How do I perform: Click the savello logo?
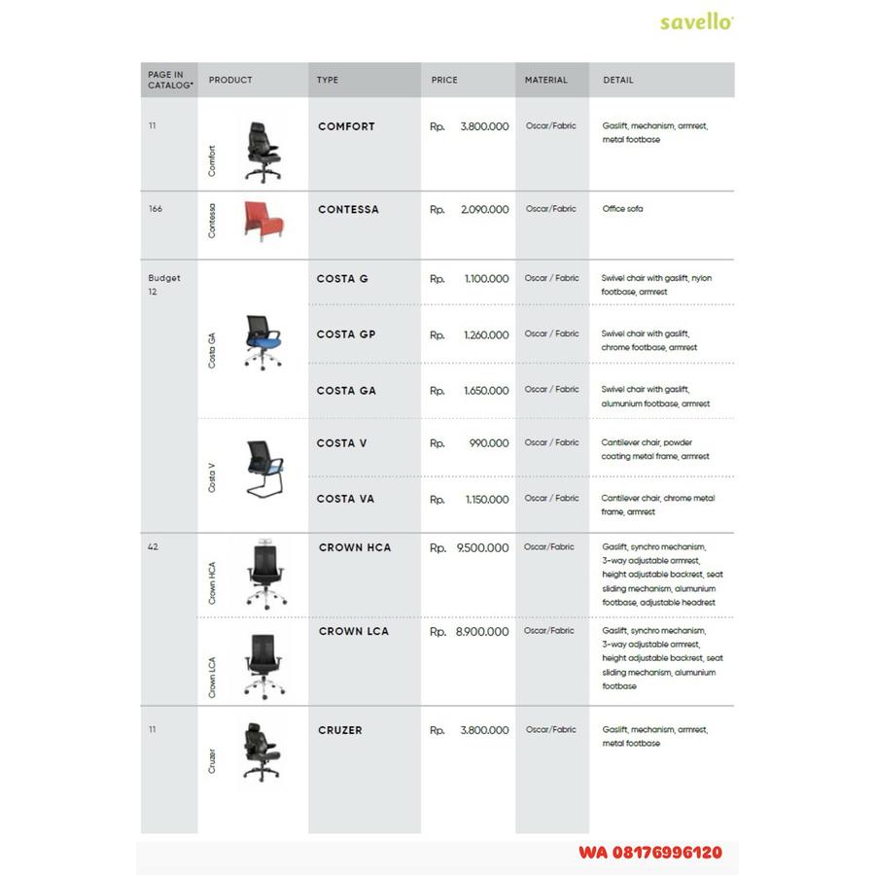pyautogui.click(x=696, y=21)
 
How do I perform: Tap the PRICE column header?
pyautogui.click(x=444, y=80)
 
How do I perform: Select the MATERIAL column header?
pyautogui.click(x=545, y=80)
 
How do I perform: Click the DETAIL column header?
pyautogui.click(x=617, y=80)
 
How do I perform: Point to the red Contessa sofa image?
pyautogui.click(x=260, y=221)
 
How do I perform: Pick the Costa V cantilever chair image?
pyautogui.click(x=262, y=469)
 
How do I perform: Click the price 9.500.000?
pyautogui.click(x=482, y=548)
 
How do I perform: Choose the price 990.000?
pyautogui.click(x=489, y=443)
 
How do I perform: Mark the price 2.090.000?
pyautogui.click(x=484, y=210)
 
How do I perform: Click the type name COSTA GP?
pyautogui.click(x=345, y=334)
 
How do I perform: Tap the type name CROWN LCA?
pyautogui.click(x=354, y=632)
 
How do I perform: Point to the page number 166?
pyautogui.click(x=156, y=209)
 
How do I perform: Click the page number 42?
pyautogui.click(x=153, y=547)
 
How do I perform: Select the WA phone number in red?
pyautogui.click(x=649, y=853)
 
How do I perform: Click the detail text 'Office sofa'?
pyautogui.click(x=622, y=209)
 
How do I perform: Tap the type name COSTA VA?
pyautogui.click(x=345, y=500)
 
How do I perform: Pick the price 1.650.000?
pyautogui.click(x=486, y=391)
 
